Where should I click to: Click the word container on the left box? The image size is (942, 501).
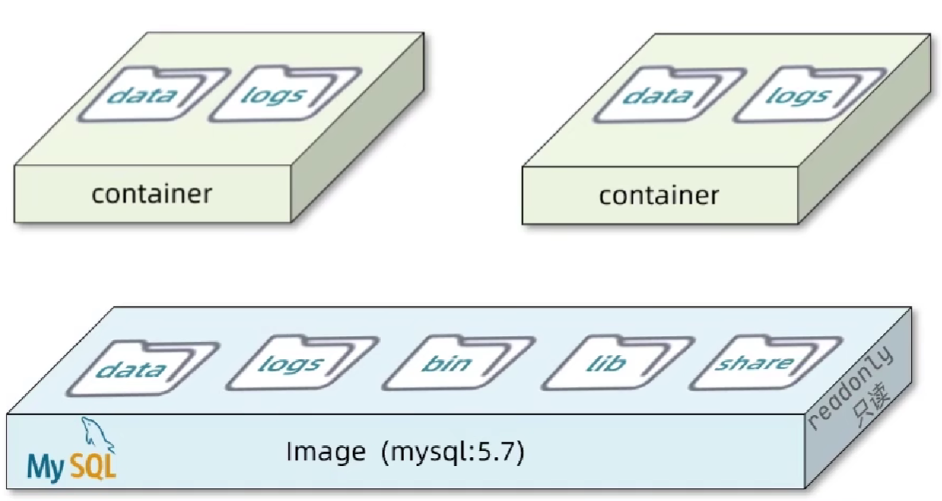tap(151, 194)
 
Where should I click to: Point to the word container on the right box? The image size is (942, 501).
tap(658, 195)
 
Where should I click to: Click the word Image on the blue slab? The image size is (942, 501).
tap(327, 452)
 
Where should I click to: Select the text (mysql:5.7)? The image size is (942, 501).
tap(453, 453)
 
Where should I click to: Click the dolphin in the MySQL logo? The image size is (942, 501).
tap(94, 435)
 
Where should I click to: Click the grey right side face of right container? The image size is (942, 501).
tap(865, 147)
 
